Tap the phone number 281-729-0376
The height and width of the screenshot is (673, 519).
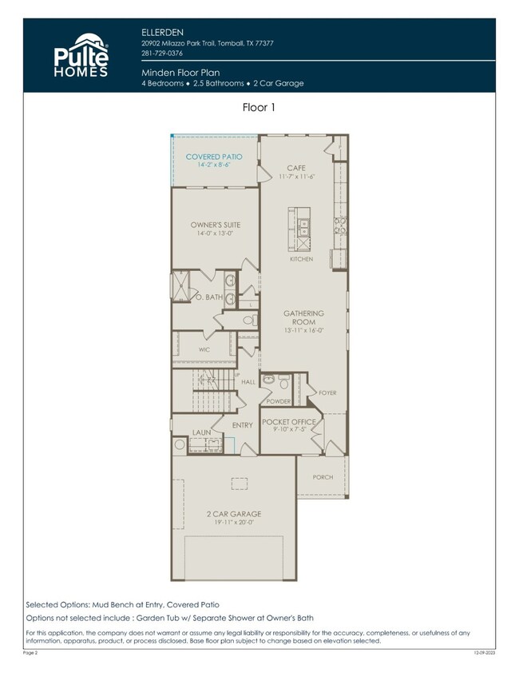[161, 53]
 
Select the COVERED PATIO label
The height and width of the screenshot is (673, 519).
[214, 157]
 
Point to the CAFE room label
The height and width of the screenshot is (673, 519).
[297, 168]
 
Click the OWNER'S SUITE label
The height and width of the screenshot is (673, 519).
[216, 225]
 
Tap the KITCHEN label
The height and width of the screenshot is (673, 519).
[301, 260]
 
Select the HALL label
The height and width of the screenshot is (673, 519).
[248, 383]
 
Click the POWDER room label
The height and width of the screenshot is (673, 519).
[279, 401]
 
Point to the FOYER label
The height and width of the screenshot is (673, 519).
[327, 393]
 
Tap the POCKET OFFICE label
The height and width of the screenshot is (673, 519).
[289, 421]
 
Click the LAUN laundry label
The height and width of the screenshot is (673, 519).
[201, 432]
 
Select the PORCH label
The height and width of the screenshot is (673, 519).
[323, 477]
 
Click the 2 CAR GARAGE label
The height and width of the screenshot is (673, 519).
[233, 514]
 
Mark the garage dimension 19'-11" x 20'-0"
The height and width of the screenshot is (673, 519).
[233, 523]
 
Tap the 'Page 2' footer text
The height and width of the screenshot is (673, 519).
[30, 654]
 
